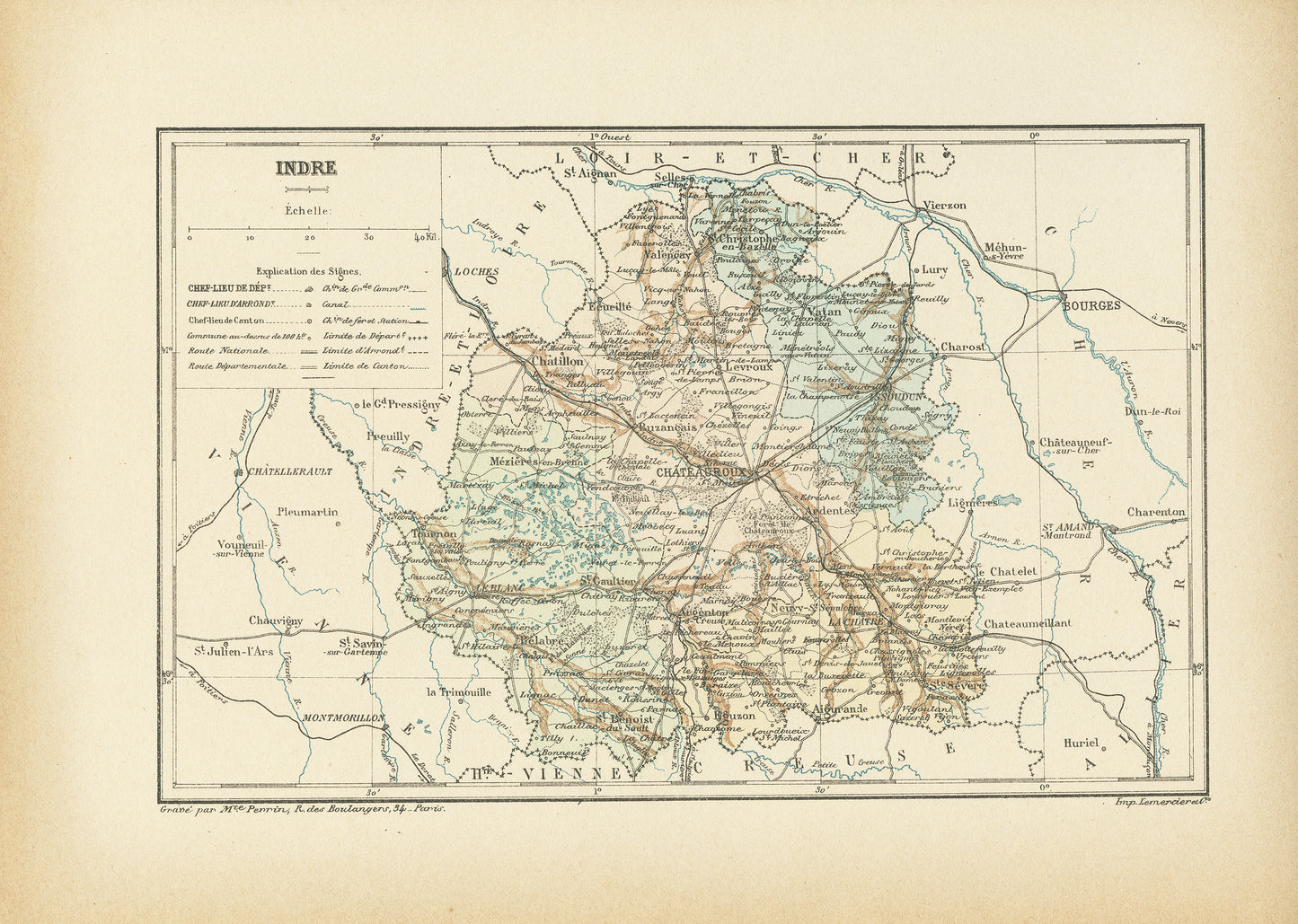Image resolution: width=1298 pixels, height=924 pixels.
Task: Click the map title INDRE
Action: [x=305, y=168]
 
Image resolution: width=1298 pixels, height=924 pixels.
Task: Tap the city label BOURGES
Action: [x=1091, y=305]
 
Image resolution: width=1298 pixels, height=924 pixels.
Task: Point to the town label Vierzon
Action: [x=944, y=206]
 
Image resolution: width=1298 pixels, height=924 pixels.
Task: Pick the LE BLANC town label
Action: [x=476, y=588]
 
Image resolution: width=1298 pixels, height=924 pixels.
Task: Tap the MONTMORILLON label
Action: [x=343, y=718]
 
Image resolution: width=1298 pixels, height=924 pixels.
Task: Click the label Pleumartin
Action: [x=308, y=512]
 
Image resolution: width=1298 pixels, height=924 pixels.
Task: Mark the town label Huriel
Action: [x=1081, y=744]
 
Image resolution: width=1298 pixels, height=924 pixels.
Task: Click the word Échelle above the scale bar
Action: [x=307, y=211]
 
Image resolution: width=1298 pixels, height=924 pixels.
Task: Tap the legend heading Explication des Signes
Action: [x=308, y=270]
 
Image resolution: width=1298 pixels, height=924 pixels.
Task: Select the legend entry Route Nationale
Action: [x=228, y=350]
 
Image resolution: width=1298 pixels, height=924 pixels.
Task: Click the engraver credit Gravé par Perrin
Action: [x=302, y=808]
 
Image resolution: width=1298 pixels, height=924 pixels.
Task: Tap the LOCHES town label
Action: [x=476, y=270]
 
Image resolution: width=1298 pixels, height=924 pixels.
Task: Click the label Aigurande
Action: [x=839, y=709]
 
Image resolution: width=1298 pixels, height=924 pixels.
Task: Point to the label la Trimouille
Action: [x=458, y=692]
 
